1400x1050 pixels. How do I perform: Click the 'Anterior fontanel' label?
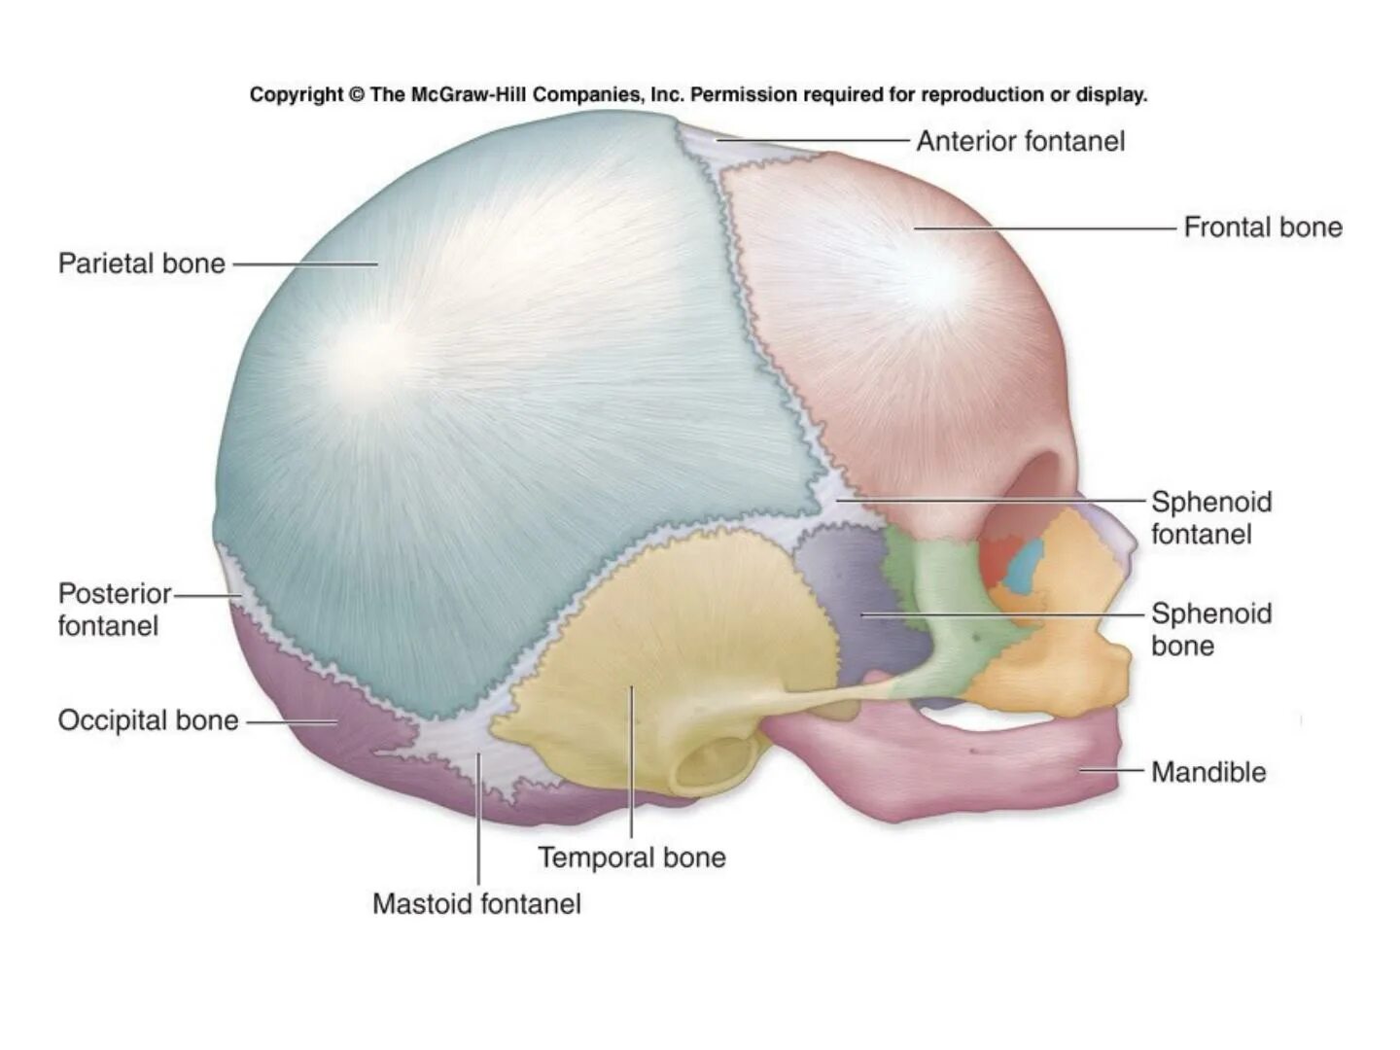(1020, 142)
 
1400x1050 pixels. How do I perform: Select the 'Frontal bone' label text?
(1262, 227)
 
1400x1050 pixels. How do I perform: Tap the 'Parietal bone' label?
(142, 263)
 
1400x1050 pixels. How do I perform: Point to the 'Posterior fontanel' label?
(114, 610)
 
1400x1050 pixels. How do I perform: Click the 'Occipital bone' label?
(148, 720)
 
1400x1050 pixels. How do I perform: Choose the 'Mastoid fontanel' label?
(476, 904)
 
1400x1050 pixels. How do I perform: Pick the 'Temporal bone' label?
(632, 857)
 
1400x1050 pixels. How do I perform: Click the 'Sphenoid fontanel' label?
(1210, 518)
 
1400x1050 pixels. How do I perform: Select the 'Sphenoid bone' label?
(1210, 629)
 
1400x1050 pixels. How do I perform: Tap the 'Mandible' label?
(1208, 773)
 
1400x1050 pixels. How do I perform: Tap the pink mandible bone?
(972, 763)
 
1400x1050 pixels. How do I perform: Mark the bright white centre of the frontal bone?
(933, 272)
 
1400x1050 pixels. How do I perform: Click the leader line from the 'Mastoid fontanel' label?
(478, 817)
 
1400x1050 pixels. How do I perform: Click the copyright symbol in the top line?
(356, 94)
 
